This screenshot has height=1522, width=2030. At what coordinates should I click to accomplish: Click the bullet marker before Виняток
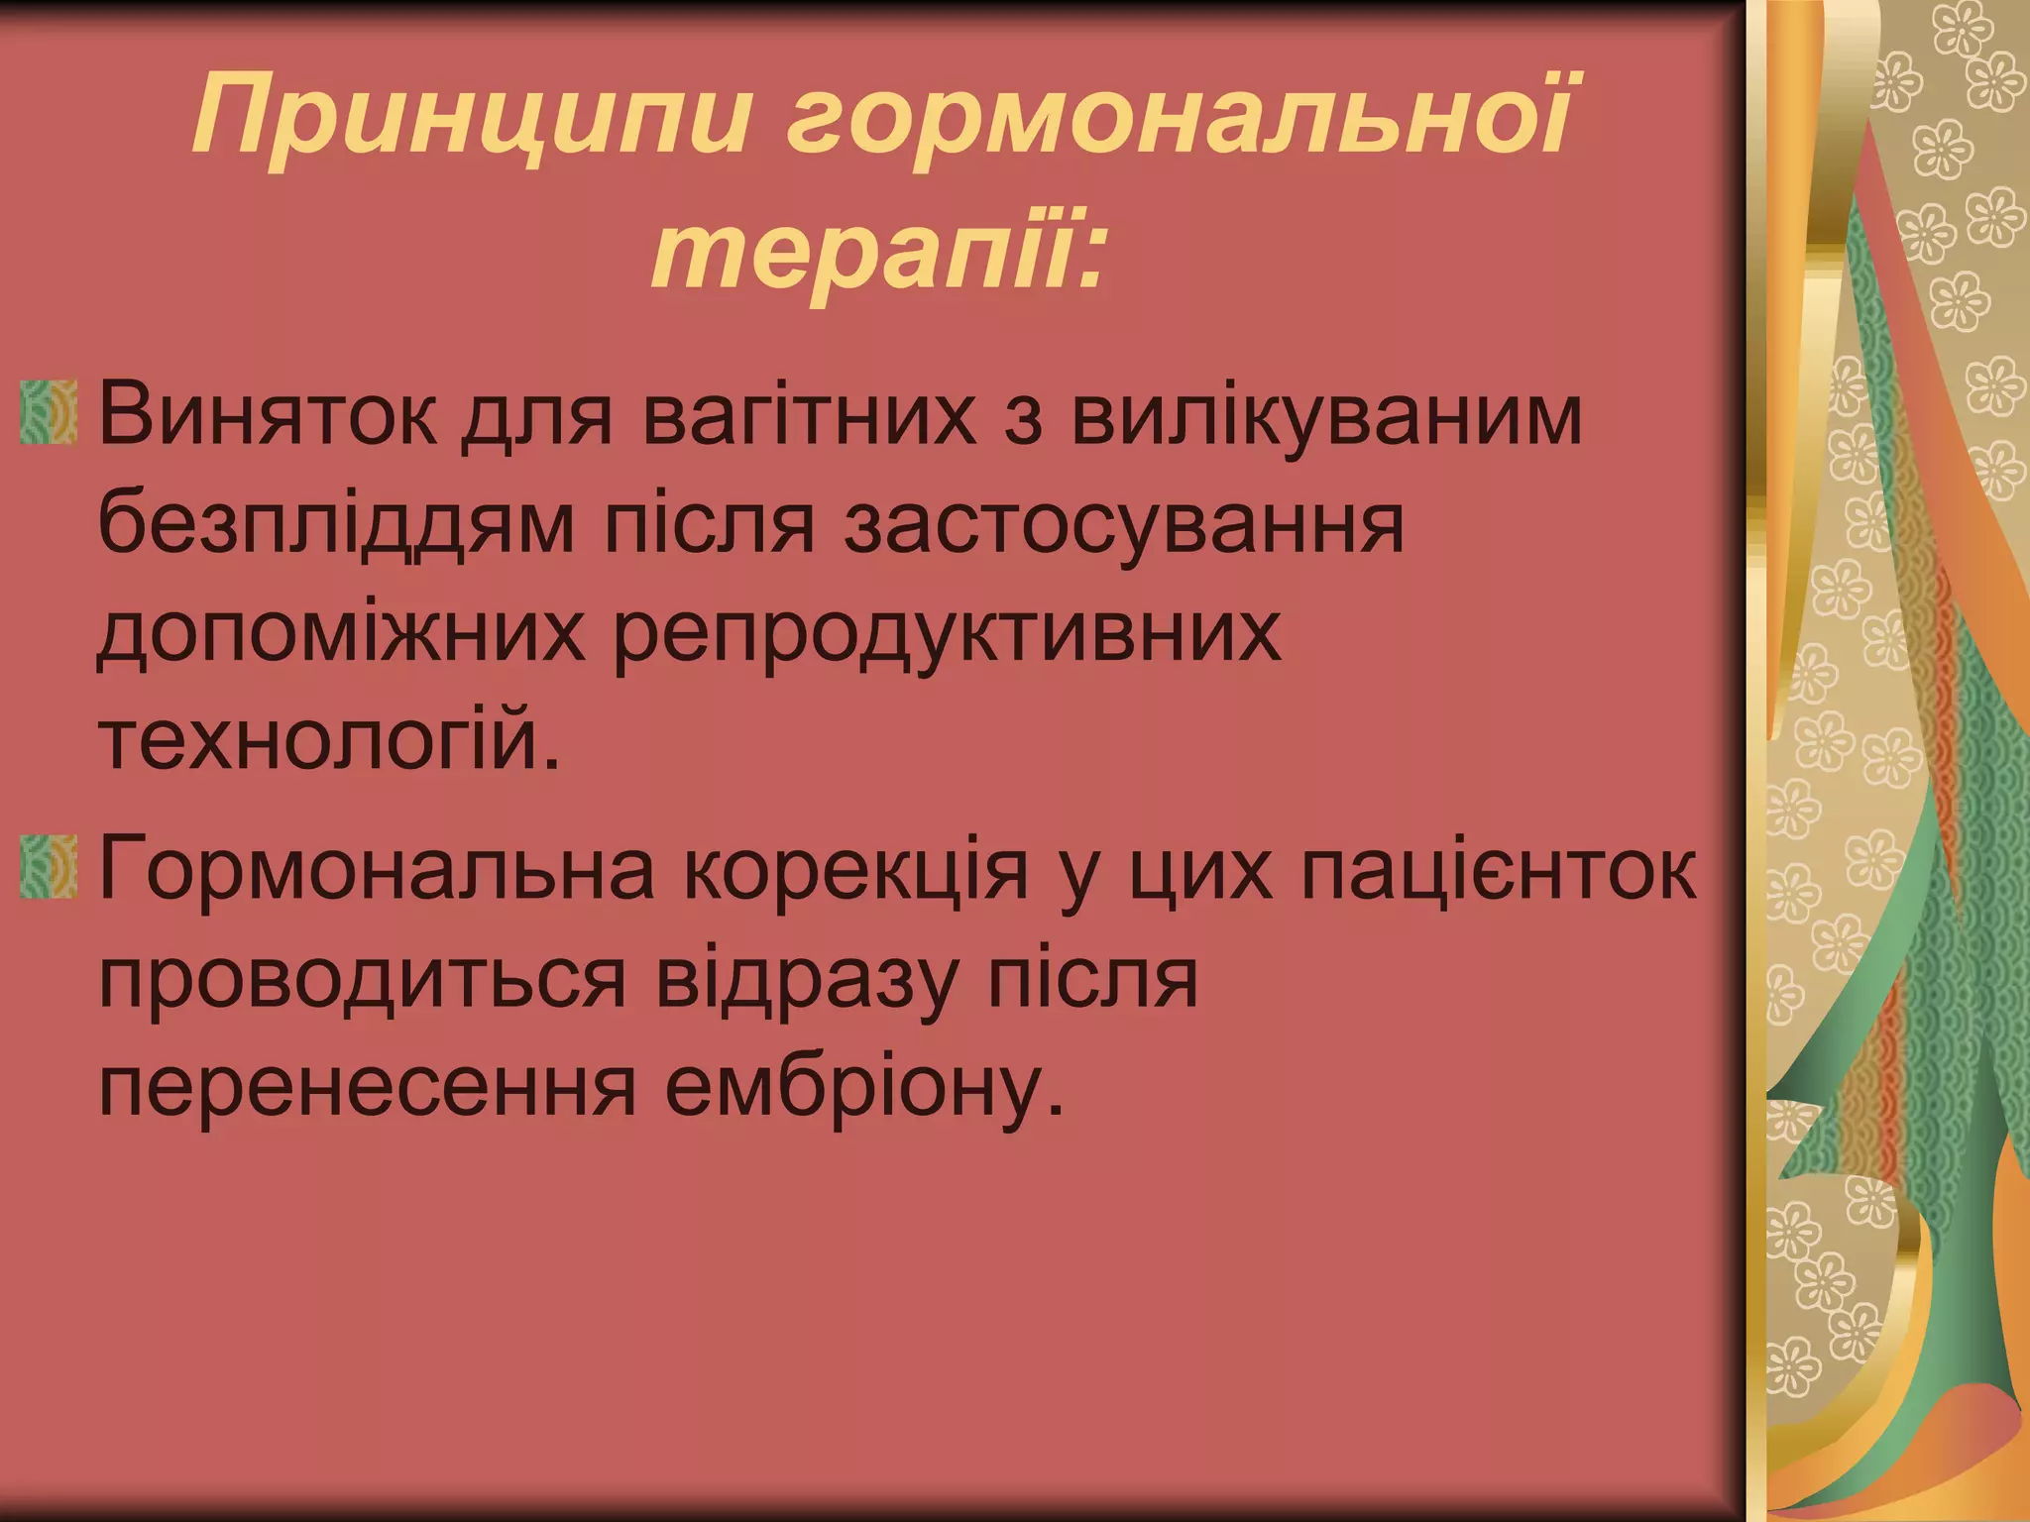tap(49, 410)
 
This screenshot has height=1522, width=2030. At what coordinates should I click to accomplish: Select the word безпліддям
tap(336, 525)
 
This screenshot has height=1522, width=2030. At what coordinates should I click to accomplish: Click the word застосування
tap(1124, 525)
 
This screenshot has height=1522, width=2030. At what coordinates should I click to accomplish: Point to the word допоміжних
tap(342, 634)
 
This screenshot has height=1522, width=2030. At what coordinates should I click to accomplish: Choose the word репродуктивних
tap(948, 634)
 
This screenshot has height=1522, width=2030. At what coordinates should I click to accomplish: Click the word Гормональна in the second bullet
tap(377, 872)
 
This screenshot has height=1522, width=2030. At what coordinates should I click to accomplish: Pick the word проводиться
tap(363, 981)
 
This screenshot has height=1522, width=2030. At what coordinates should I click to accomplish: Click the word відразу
tap(794, 981)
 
